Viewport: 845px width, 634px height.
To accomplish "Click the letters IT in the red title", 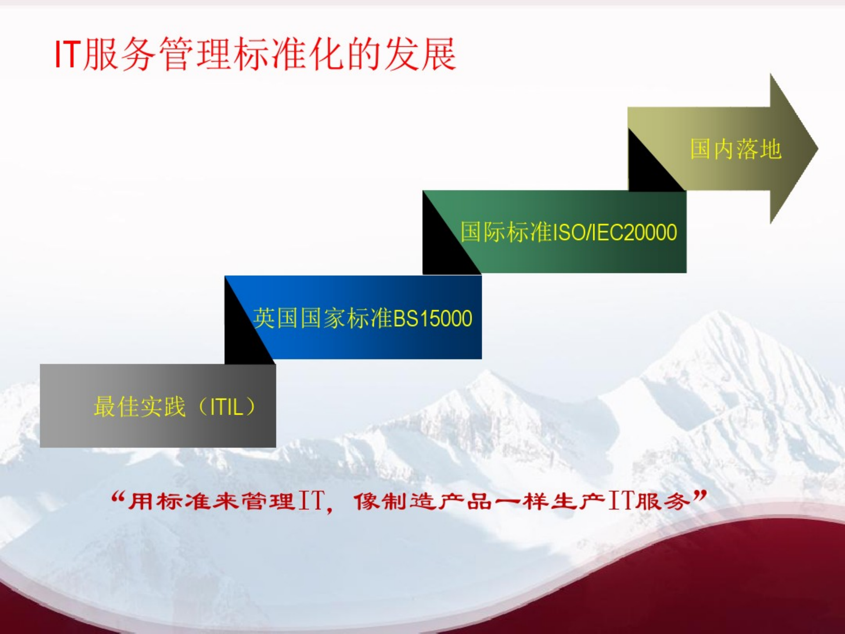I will pos(68,54).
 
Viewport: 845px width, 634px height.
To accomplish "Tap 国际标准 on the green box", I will pos(506,232).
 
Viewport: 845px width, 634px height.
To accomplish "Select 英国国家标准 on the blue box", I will pos(323,318).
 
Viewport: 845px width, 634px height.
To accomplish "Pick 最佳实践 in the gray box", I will pos(139,406).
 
